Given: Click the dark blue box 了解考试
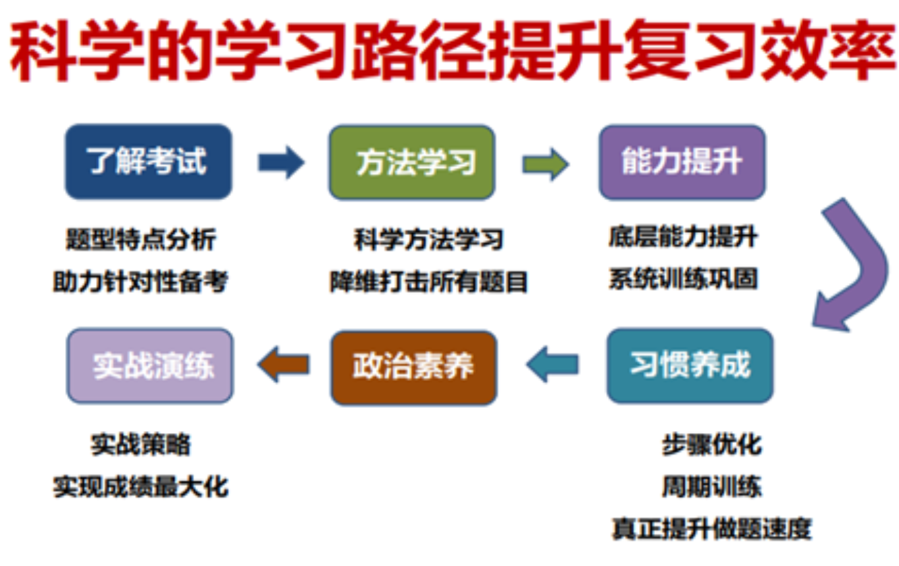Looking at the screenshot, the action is click(x=149, y=161).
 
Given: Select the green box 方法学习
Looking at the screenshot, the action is click(x=412, y=163).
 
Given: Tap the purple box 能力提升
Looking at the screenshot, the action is click(x=682, y=162).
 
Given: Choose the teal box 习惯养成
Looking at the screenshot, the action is click(x=690, y=366).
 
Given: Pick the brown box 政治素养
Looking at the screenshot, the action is click(x=413, y=367).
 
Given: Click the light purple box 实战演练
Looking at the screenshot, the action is click(x=149, y=366).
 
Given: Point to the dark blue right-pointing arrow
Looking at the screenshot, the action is click(x=281, y=162).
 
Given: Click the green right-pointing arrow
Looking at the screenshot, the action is click(x=546, y=164).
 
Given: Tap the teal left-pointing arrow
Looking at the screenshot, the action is click(x=552, y=365).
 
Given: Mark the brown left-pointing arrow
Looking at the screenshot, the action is click(x=284, y=365).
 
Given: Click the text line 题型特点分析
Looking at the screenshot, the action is click(x=140, y=240).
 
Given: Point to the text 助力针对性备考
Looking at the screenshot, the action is click(x=140, y=281).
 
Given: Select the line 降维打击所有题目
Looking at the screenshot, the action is click(x=428, y=282).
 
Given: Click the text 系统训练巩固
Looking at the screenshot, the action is click(x=683, y=278).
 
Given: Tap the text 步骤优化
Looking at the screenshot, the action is click(x=711, y=444).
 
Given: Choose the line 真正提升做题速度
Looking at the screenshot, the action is click(x=711, y=528).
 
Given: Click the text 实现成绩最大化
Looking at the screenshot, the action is click(x=140, y=487).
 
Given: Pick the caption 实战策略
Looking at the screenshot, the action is click(x=140, y=444).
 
